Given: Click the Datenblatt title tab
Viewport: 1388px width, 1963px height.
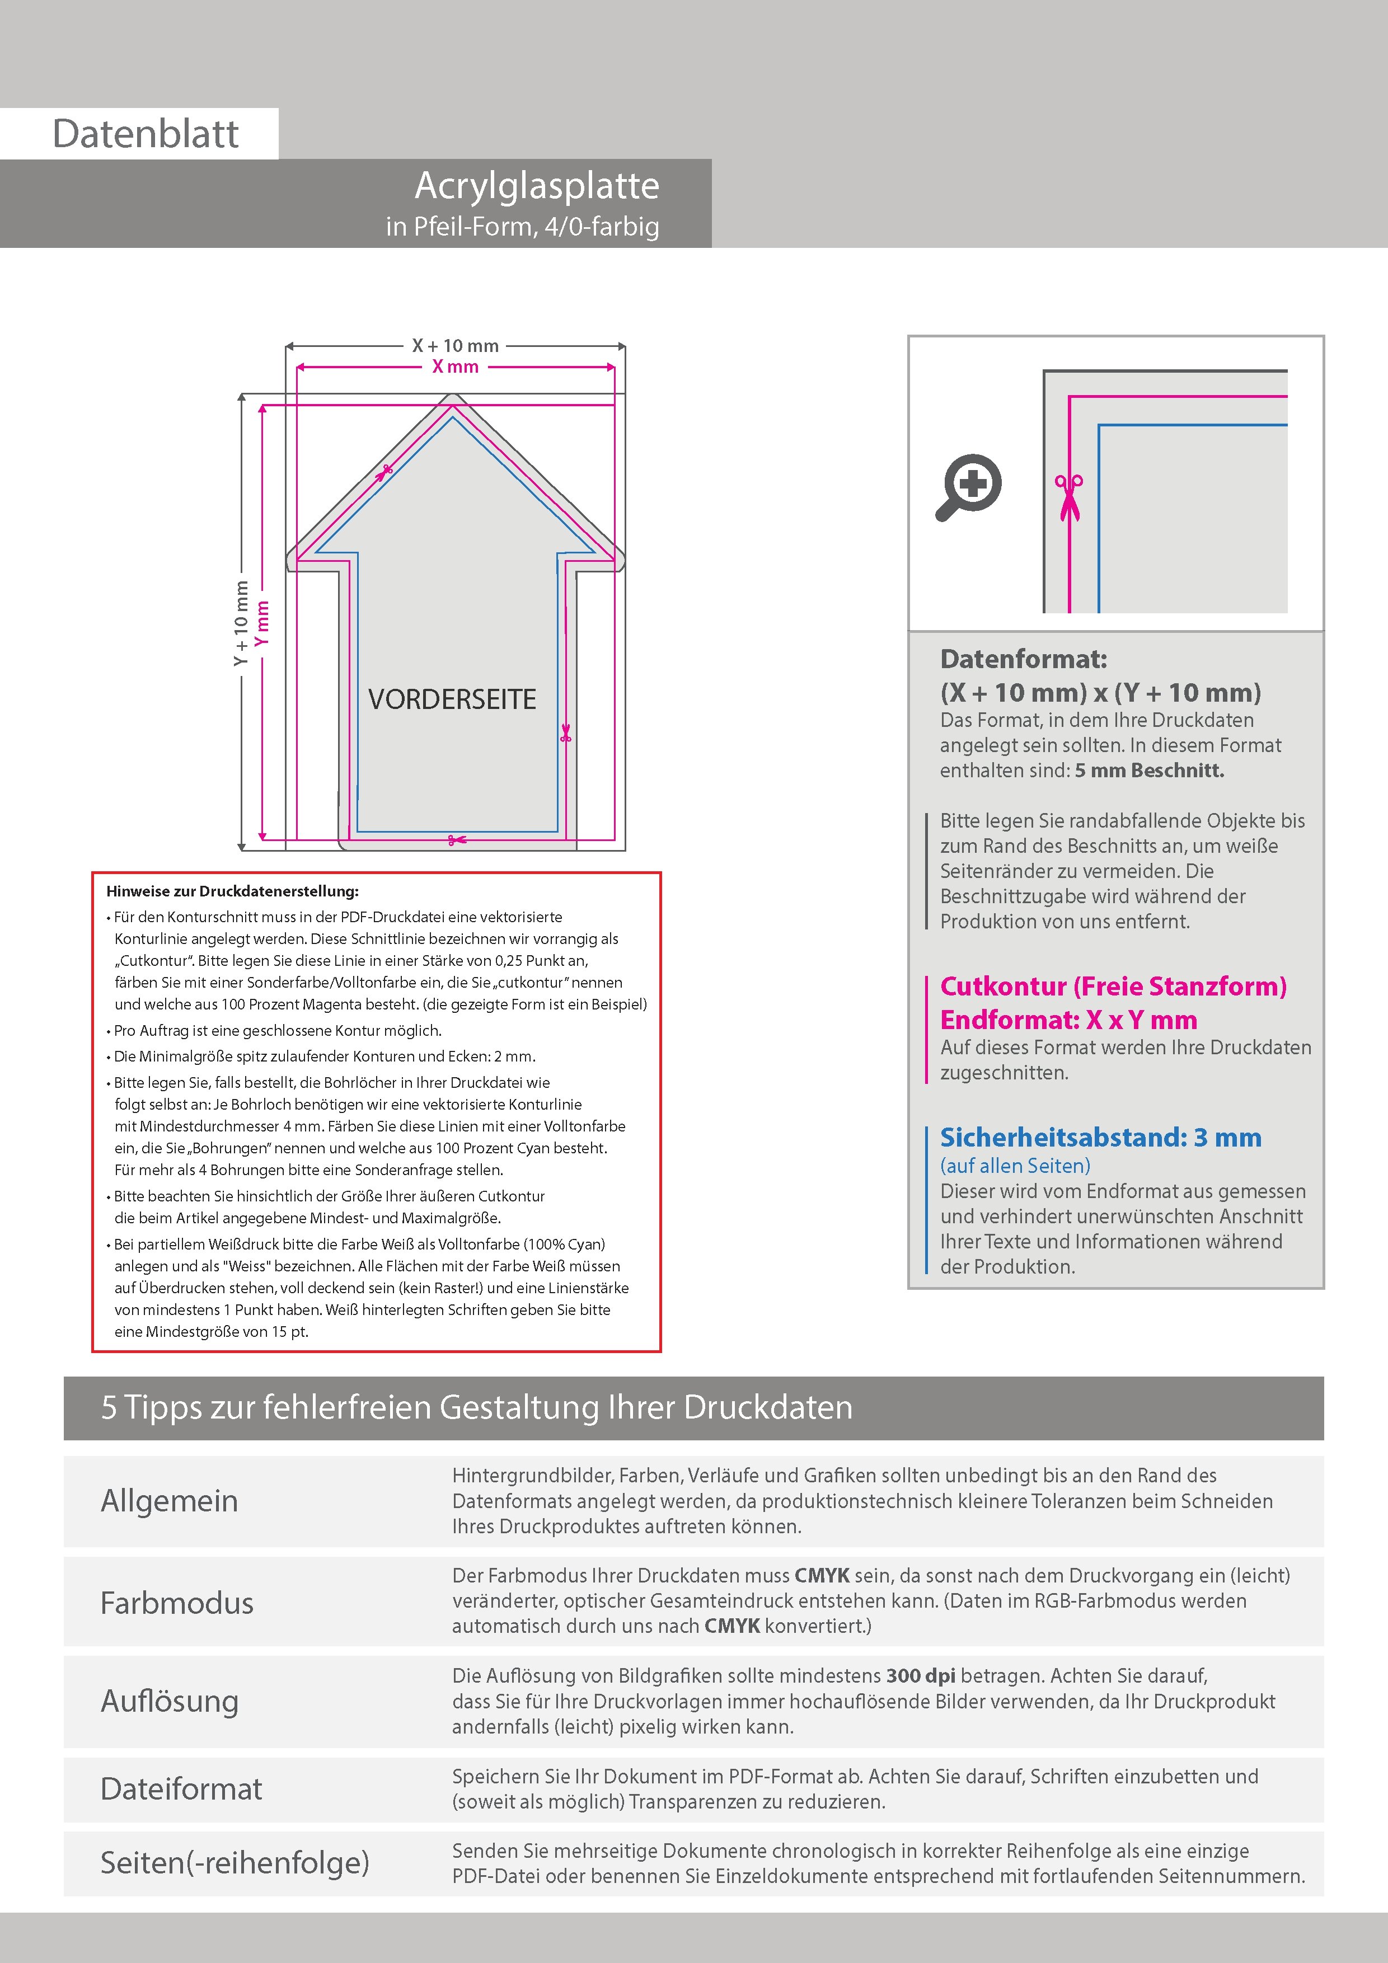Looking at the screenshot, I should pos(146,133).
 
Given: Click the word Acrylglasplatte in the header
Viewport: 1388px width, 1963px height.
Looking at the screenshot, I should pos(537,186).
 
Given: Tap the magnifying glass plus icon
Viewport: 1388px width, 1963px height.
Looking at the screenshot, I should pos(970,486).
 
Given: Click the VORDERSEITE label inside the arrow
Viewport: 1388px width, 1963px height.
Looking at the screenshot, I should pos(452,699).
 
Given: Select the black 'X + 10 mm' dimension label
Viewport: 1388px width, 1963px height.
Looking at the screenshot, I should pos(455,345).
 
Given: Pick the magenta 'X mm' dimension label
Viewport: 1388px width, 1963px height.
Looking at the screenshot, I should pos(455,367).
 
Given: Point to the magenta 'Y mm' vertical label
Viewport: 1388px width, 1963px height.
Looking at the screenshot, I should pos(262,622).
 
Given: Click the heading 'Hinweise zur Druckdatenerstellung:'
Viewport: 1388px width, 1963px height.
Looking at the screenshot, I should pos(233,891).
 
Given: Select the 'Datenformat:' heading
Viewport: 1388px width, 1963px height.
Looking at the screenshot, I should pos(1023,659).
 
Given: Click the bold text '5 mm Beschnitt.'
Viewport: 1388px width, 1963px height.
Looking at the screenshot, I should pos(1150,771).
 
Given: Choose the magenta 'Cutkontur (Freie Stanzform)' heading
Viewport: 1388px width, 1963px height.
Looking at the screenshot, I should pos(1113,987).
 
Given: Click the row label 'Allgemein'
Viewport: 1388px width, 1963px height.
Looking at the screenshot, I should pos(170,1500).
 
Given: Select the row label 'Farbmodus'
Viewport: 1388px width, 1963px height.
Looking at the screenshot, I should pos(177,1602).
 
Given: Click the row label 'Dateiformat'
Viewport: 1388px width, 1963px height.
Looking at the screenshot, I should pos(181,1788).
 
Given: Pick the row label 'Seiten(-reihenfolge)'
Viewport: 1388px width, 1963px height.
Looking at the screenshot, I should pos(235,1862).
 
